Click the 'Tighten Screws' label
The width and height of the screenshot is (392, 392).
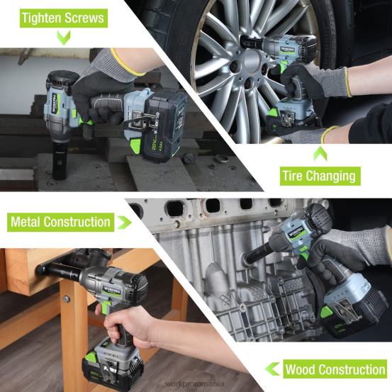point(62,18)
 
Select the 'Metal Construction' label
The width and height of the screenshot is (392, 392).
point(60,222)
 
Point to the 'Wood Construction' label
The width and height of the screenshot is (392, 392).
point(335,369)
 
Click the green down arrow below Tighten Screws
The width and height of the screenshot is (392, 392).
point(64,38)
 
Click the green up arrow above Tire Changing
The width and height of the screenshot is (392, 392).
point(320,151)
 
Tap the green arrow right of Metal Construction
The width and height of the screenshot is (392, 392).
point(125,223)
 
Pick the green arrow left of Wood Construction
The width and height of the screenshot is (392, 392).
point(272,369)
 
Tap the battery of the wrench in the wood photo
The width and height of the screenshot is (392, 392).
point(113,364)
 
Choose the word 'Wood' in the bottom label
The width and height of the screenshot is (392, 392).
point(303,369)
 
